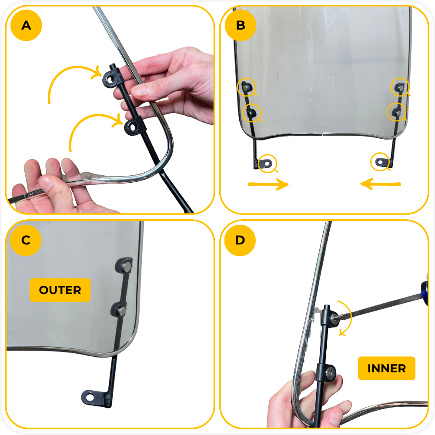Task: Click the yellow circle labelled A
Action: (26, 25)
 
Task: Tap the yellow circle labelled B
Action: (241, 25)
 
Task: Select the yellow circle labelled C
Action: (26, 240)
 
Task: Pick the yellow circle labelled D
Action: (240, 240)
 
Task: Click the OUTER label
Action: (60, 290)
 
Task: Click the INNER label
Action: (387, 368)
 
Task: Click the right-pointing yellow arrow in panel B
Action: (268, 184)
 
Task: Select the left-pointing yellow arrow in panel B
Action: (381, 184)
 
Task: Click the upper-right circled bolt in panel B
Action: (400, 87)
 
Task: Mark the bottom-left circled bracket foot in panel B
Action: (267, 164)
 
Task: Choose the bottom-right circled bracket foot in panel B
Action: (380, 161)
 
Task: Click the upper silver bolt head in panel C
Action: (127, 267)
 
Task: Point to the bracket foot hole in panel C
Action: (90, 396)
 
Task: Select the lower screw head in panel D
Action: (331, 373)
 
